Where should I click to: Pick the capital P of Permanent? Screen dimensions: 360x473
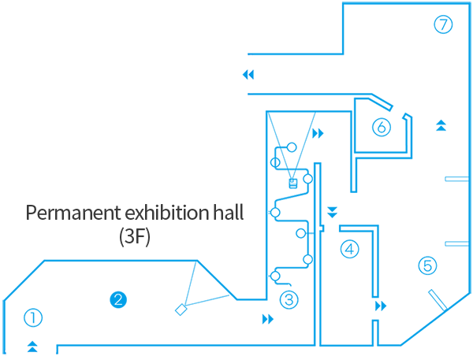(x=32, y=213)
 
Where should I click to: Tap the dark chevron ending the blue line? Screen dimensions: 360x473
(x=250, y=75)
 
